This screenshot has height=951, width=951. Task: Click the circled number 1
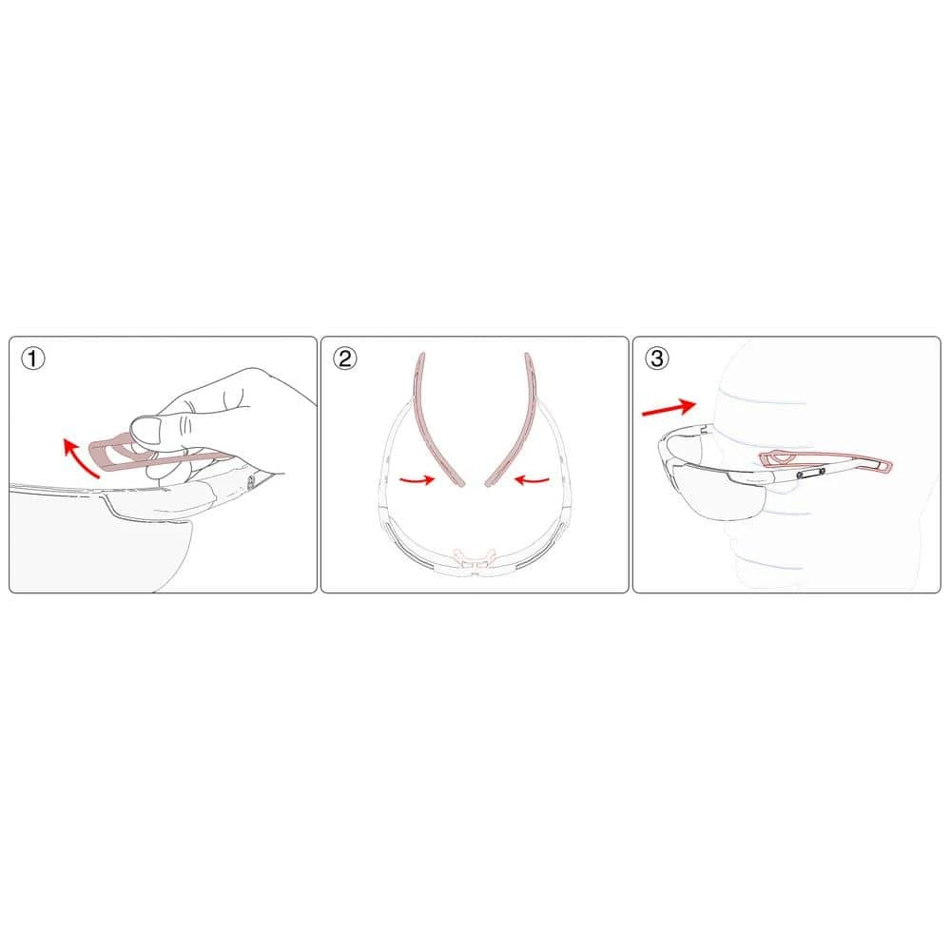pyautogui.click(x=34, y=359)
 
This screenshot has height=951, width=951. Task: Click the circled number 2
pyautogui.click(x=345, y=359)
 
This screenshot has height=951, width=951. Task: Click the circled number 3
pyautogui.click(x=657, y=359)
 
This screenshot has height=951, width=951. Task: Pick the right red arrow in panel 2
pyautogui.click(x=534, y=480)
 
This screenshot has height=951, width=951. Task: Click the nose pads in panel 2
pyautogui.click(x=474, y=555)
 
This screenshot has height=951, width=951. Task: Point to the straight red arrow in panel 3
pyautogui.click(x=668, y=408)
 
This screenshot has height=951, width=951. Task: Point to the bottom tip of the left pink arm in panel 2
pyautogui.click(x=458, y=482)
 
